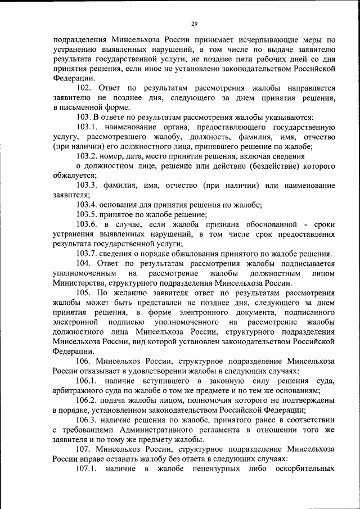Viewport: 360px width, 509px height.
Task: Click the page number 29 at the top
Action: click(x=195, y=24)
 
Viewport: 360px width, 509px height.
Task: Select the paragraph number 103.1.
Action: click(x=87, y=127)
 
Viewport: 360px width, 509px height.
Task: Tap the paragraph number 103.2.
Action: click(x=87, y=156)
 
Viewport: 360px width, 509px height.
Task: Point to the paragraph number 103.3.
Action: click(x=87, y=185)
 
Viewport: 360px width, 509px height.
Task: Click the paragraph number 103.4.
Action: click(x=87, y=205)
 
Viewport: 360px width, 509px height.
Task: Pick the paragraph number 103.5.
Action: click(x=87, y=214)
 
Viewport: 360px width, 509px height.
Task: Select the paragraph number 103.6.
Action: click(x=87, y=224)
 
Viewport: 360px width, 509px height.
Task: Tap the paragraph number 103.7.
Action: click(x=87, y=253)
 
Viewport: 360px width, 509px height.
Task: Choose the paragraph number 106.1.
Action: click(x=87, y=381)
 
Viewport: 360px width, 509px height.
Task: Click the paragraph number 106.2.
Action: click(x=87, y=400)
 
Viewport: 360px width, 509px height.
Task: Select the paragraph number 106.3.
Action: click(x=87, y=420)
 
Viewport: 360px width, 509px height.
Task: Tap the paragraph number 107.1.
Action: click(x=87, y=469)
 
